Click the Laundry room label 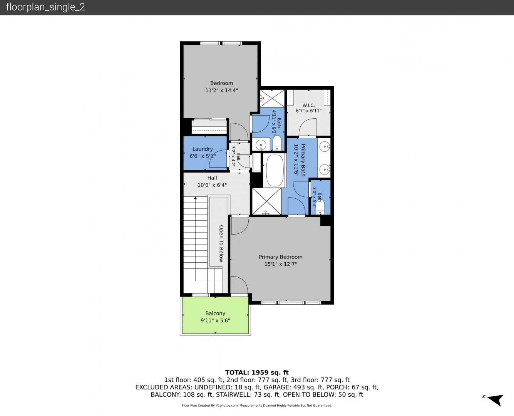(x=203, y=149)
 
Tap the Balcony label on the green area (x=215, y=313)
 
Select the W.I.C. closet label (x=309, y=105)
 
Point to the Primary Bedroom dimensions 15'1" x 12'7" (x=280, y=264)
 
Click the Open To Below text (x=221, y=243)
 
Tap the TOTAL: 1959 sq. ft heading (x=257, y=372)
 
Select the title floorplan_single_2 (x=45, y=7)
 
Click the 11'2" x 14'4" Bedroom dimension (x=221, y=90)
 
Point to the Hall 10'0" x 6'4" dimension (x=212, y=185)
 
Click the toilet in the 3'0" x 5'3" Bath (x=320, y=207)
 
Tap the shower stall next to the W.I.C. (x=272, y=98)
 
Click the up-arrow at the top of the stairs (x=196, y=198)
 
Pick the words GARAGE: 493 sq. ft (x=293, y=387)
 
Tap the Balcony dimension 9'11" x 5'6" (x=215, y=320)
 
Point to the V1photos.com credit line (x=257, y=405)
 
